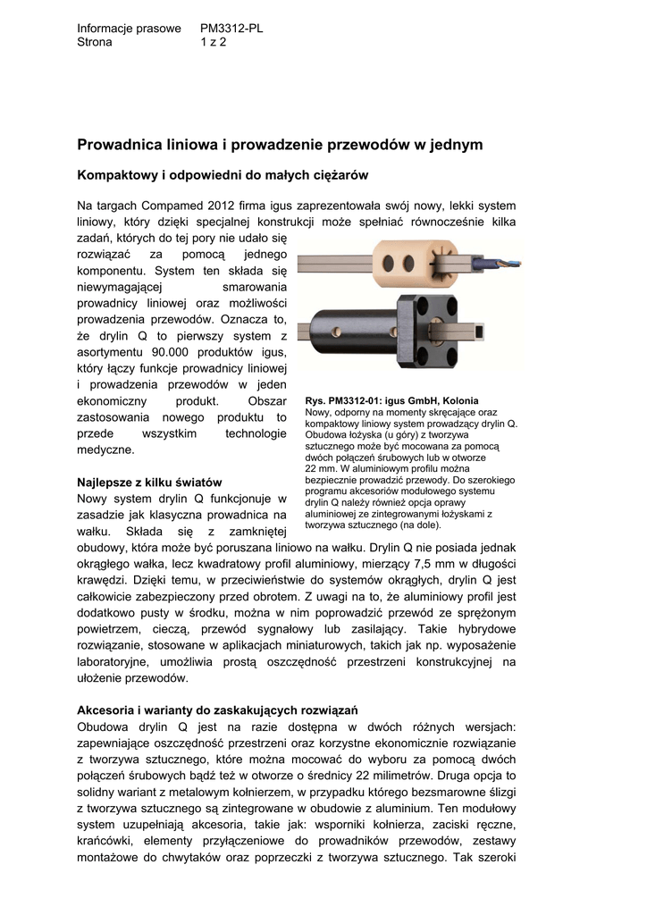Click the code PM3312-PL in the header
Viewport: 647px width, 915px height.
[231, 29]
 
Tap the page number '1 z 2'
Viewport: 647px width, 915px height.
[214, 42]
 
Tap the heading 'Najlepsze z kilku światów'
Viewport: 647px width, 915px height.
[149, 483]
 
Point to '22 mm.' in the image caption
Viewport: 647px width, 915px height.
[323, 467]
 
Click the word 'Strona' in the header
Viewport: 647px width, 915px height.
[96, 42]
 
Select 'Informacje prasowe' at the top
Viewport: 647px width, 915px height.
[130, 29]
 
